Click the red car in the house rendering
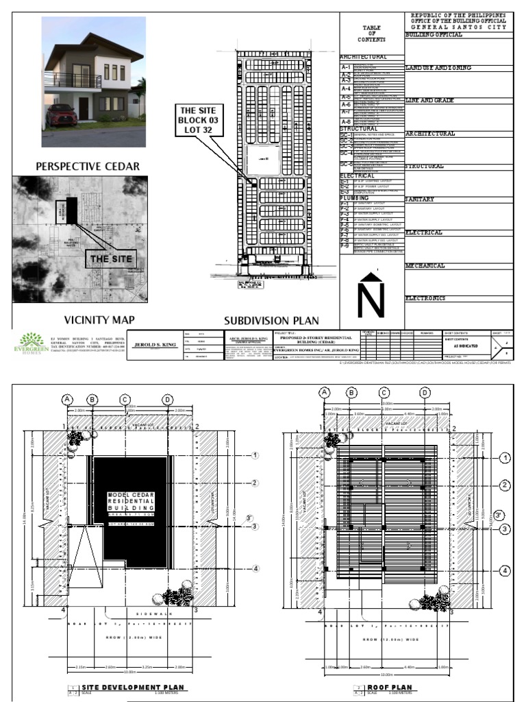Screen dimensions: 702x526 (62, 116)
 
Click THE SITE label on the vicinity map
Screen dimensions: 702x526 (110, 258)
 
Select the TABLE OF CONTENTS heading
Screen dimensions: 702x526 (372, 32)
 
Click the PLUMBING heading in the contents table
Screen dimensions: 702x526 (358, 198)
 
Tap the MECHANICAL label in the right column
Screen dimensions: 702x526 (425, 265)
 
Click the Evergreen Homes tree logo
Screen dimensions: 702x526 (32, 340)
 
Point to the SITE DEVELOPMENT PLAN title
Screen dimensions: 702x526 (133, 687)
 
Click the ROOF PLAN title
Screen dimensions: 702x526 (389, 687)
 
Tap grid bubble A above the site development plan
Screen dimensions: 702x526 (67, 399)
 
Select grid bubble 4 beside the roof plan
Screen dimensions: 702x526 (505, 570)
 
